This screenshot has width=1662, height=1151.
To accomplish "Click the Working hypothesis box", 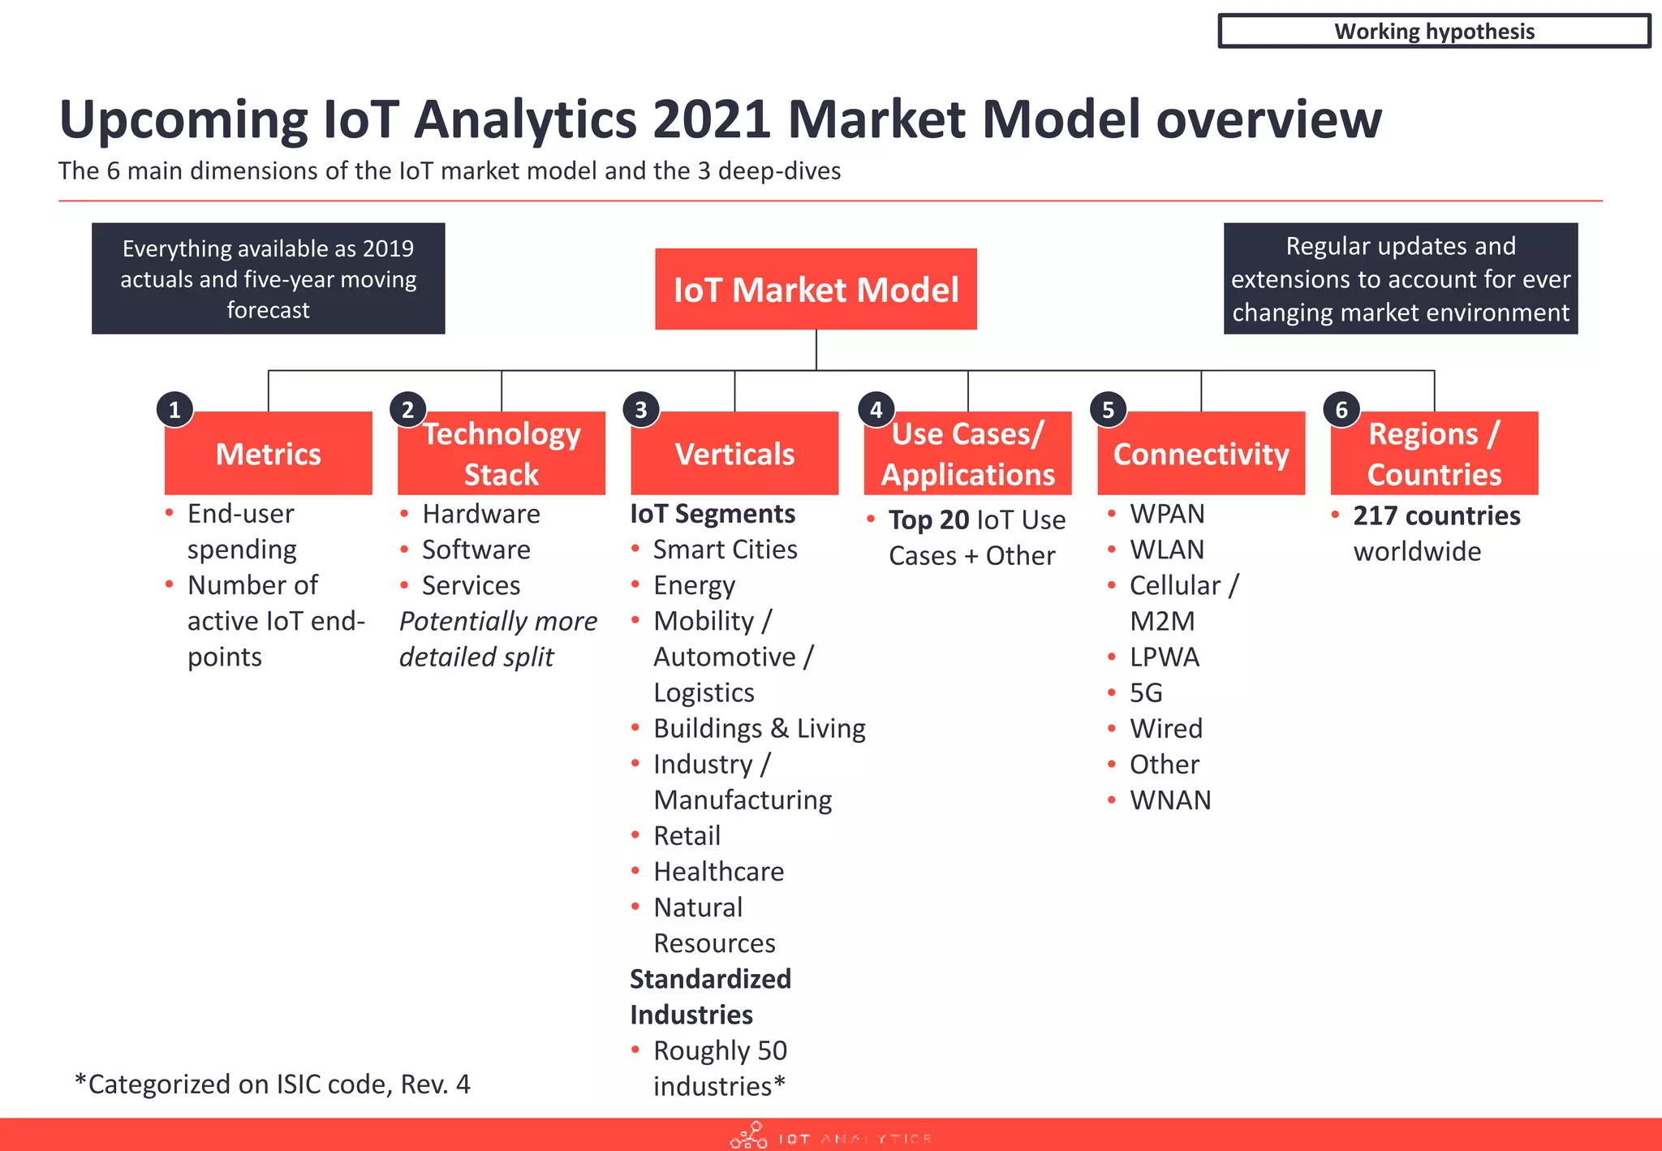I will (x=1433, y=31).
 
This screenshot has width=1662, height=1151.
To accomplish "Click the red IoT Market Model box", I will (x=816, y=289).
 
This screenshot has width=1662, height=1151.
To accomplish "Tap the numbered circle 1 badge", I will (x=174, y=410).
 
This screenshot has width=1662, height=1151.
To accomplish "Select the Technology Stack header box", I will (x=502, y=454).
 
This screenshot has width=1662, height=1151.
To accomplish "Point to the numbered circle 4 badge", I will (x=876, y=410).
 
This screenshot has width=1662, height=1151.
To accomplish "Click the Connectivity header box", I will (x=1200, y=454).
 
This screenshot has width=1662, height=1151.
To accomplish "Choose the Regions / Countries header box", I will (x=1434, y=454).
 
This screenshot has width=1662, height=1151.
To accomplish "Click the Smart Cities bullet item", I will (x=725, y=550).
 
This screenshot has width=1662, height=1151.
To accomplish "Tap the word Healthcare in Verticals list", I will (x=718, y=871).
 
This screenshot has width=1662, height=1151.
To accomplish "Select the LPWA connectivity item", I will (x=1164, y=657).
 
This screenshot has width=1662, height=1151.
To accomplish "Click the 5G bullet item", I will (x=1146, y=692).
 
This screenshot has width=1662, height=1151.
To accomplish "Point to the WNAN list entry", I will (x=1169, y=800).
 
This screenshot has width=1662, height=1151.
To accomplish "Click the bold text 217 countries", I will (x=1436, y=515).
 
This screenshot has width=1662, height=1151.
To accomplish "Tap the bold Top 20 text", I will (x=928, y=519).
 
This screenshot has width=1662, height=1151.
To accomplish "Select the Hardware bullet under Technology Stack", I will (x=480, y=514).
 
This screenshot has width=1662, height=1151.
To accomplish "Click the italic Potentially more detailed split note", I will (x=497, y=639).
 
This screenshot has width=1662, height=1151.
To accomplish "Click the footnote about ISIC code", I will (x=272, y=1084).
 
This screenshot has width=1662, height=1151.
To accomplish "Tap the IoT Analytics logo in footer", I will (x=829, y=1136).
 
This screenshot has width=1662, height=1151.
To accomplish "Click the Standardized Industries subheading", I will (x=710, y=997).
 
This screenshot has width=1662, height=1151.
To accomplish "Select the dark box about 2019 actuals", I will (x=268, y=278).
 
